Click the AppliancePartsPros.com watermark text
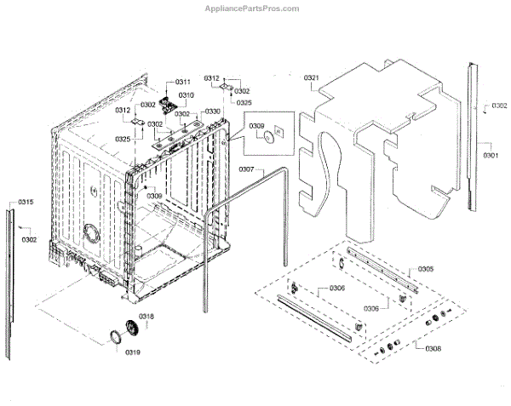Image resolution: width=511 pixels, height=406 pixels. [x=255, y=9]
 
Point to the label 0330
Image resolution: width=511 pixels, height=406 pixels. [x=212, y=112]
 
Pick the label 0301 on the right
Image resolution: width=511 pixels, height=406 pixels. [x=491, y=156]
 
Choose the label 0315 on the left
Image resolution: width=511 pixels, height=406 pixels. [x=26, y=202]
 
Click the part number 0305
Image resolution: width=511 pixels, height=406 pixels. [x=426, y=269]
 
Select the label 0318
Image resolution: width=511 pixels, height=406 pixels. [x=147, y=317]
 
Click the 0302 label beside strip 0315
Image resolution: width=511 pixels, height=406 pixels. [x=30, y=240]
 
